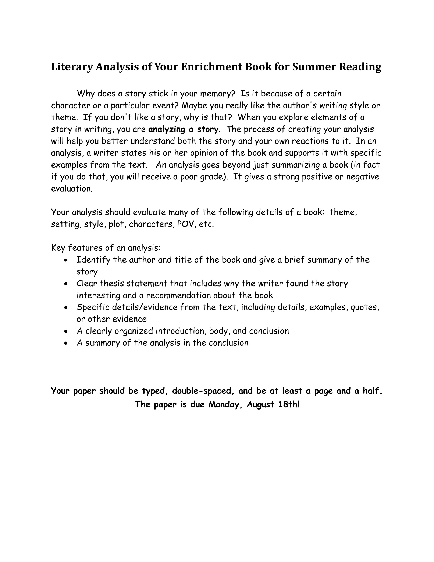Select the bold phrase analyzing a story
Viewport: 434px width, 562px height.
pos(183,129)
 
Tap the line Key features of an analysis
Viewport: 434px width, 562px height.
pos(106,248)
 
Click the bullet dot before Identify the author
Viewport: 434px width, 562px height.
pos(66,260)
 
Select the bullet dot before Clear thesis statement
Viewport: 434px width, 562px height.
pos(66,284)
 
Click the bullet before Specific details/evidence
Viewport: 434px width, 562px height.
pos(66,308)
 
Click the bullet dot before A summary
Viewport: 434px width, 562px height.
pos(66,343)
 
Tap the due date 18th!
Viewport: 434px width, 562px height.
pos(289,404)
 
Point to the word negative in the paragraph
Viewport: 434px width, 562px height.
pos(363,177)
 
